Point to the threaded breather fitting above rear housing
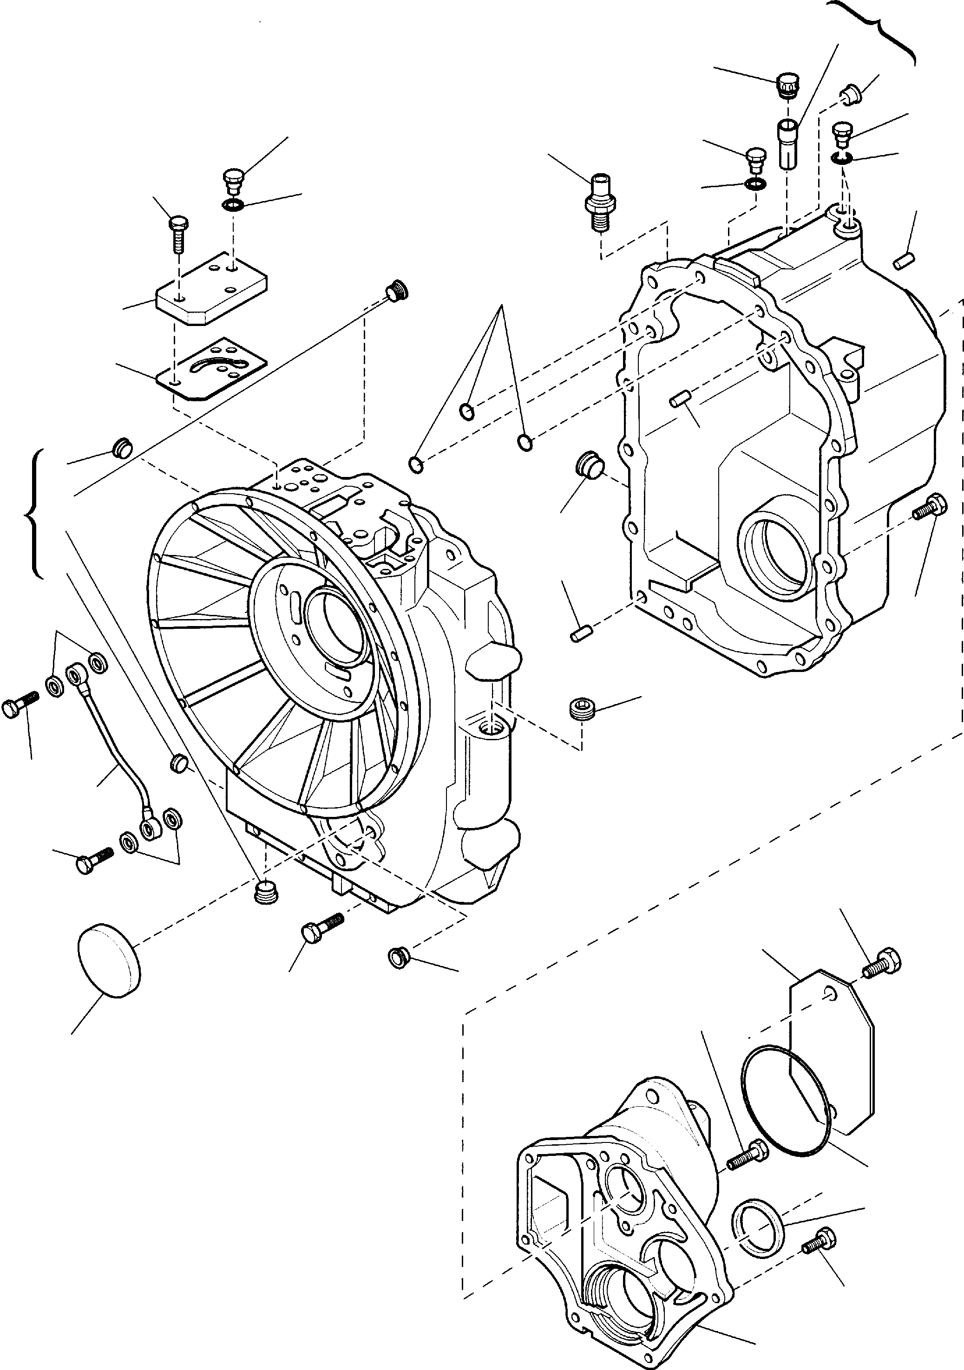pos(599,202)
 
